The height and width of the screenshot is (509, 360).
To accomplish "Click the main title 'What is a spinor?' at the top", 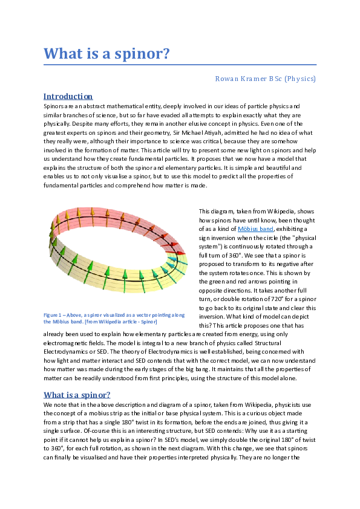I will [x=106, y=53].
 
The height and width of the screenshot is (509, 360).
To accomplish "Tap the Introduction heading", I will [x=68, y=96].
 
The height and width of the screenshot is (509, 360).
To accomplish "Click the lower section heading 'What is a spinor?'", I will [x=77, y=395].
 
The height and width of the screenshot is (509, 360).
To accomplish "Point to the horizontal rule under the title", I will [x=180, y=63].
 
